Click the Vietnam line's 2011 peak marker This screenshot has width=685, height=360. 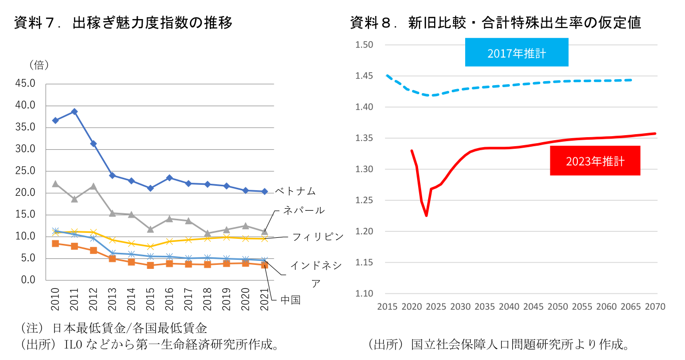74,112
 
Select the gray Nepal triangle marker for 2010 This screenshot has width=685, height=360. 55,184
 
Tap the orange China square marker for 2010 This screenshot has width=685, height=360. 55,244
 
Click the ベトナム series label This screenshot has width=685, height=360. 295,191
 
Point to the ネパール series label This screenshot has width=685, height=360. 303,210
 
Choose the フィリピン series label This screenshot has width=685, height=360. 318,237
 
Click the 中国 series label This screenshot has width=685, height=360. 290,300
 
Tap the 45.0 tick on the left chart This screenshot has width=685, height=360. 25,84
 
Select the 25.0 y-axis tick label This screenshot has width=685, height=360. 25,171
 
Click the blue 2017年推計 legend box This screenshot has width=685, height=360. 516,53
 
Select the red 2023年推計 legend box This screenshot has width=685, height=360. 595,161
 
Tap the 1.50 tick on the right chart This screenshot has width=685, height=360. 364,45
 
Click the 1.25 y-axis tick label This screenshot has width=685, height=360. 364,200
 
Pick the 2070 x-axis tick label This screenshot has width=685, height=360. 655,306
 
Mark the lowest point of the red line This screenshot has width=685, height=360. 426,216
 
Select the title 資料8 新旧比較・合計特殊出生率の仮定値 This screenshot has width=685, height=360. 495,23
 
